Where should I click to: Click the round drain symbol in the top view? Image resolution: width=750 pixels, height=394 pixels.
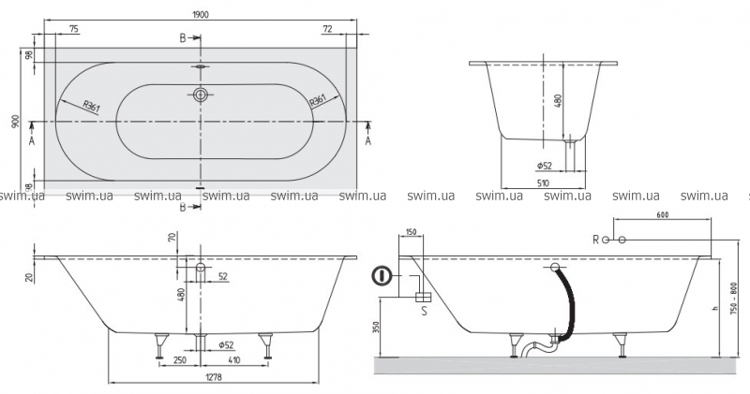pyautogui.click(x=200, y=95)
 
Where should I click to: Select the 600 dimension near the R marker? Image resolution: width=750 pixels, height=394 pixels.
pyautogui.click(x=663, y=216)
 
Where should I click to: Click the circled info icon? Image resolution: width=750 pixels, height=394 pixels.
pyautogui.click(x=382, y=277)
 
